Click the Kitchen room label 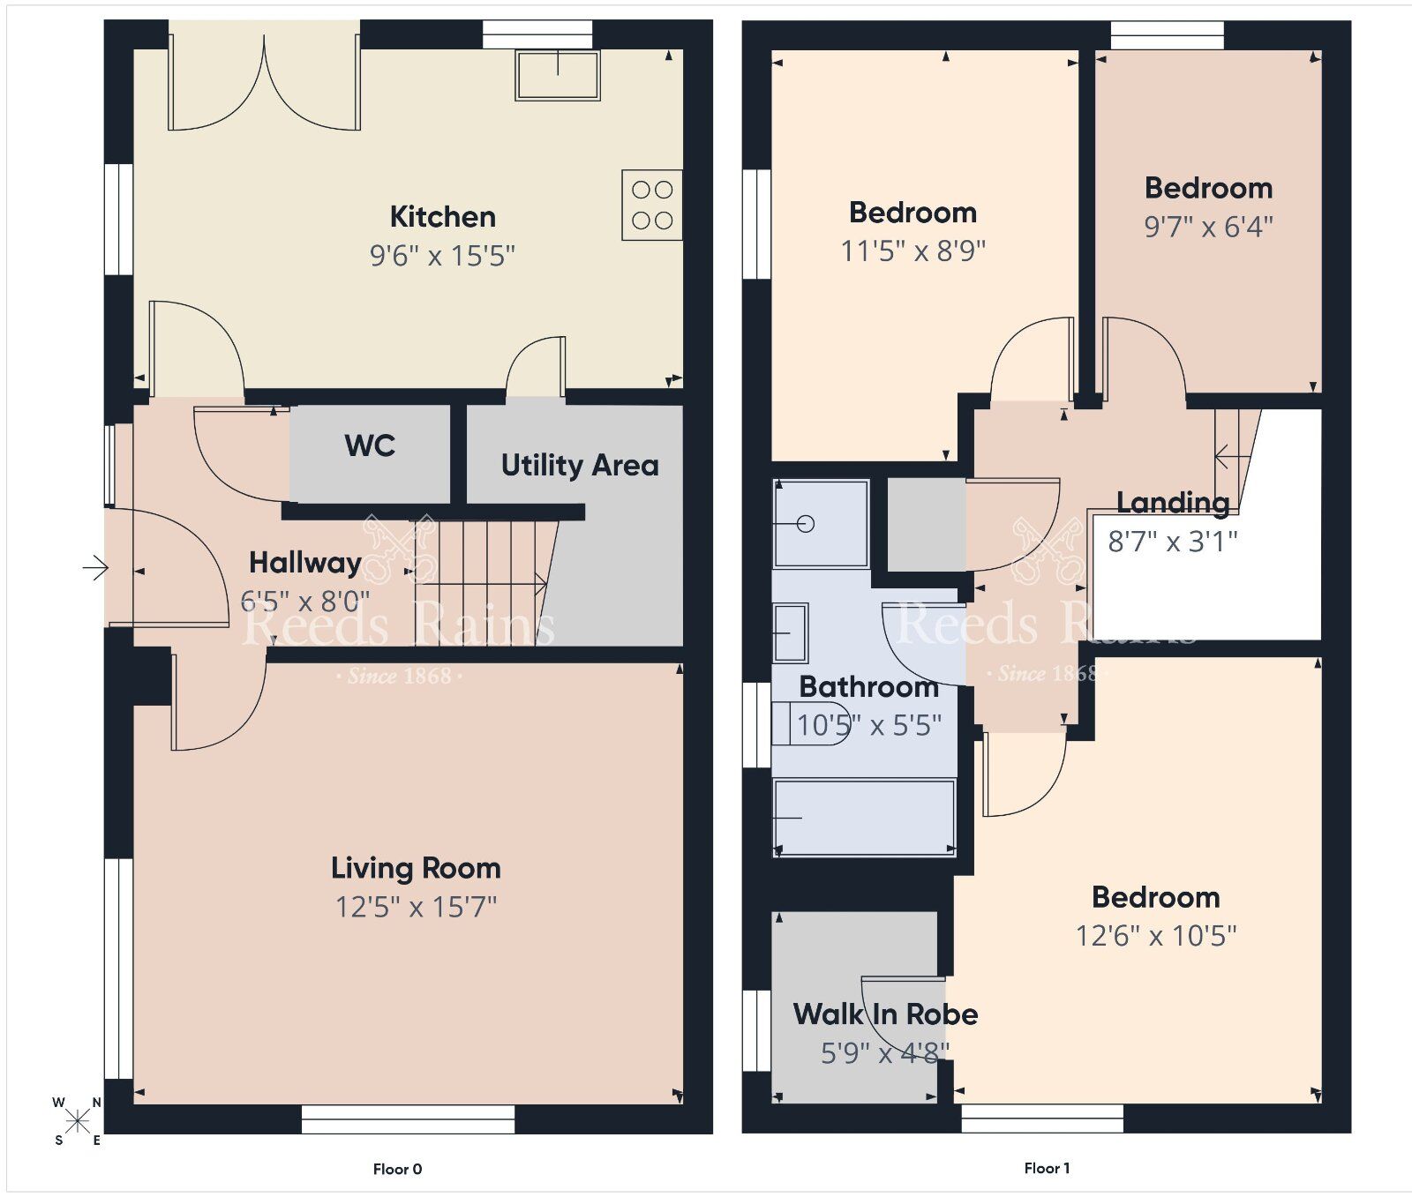(442, 216)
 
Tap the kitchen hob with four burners (652, 205)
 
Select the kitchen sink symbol (558, 75)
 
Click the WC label (370, 445)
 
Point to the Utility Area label (580, 465)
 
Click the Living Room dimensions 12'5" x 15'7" (416, 907)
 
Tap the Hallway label (304, 563)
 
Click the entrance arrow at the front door (94, 567)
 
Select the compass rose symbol (78, 1121)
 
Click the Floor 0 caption (397, 1169)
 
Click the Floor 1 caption (1047, 1168)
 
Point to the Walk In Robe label (885, 1014)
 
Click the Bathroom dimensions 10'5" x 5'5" (868, 726)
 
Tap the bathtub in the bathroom (864, 818)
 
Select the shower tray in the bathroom (821, 524)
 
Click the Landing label (1173, 503)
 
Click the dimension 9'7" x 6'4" (1208, 227)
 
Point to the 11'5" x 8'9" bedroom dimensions (913, 251)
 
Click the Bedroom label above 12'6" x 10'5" (1155, 897)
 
